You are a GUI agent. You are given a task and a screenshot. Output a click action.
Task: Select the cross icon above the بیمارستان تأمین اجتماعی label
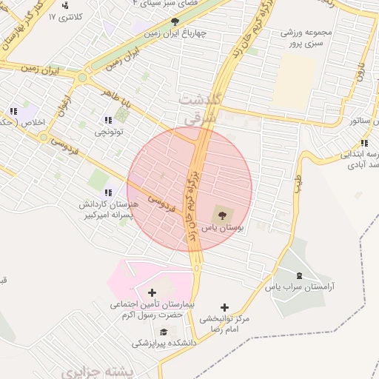tap(152, 292)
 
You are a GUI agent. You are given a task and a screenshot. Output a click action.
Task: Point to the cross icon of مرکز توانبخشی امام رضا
tap(225, 307)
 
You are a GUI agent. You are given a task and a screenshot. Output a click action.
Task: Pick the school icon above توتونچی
tap(108, 120)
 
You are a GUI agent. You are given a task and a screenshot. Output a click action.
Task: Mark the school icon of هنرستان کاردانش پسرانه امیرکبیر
tap(108, 192)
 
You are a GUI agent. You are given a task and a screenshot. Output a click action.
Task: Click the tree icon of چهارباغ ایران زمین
tap(174, 21)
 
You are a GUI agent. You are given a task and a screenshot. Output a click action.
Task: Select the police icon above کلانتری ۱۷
tap(65, 5)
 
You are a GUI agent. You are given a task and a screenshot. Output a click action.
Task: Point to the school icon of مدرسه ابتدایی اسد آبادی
tap(363, 143)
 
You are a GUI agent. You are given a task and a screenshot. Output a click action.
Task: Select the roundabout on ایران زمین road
tap(82, 76)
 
